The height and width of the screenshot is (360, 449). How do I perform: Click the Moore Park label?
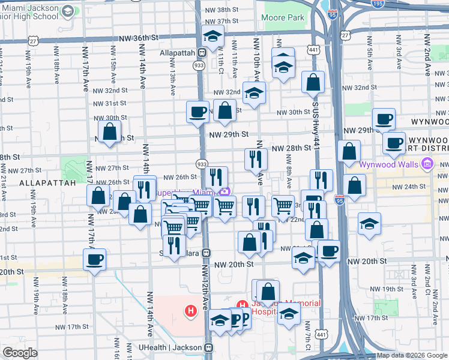tap(283, 18)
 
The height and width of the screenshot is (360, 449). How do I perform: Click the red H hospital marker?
tap(191, 311)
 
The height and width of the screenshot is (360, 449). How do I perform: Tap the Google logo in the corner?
tap(20, 353)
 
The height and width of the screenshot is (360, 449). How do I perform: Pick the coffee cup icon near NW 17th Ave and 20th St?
tap(95, 260)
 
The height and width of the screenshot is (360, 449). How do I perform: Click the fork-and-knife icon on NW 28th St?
tap(256, 159)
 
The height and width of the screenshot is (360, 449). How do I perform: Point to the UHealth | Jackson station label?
tap(171, 347)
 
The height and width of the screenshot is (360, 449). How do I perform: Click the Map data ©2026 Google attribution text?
tap(411, 355)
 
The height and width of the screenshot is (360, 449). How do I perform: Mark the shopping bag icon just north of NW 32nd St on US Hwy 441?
tap(313, 82)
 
